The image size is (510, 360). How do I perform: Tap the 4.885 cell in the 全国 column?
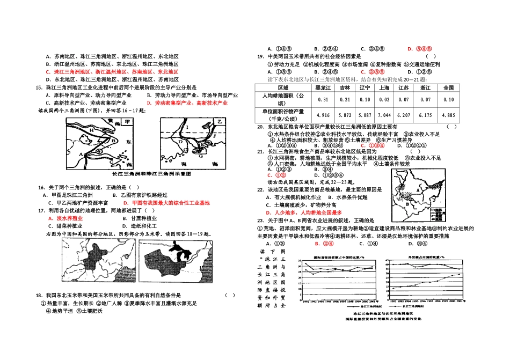[x=449, y=115]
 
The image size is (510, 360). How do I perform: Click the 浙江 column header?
[x=425, y=87]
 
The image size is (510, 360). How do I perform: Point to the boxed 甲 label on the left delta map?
[x=127, y=122]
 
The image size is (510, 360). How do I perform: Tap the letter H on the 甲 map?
[x=92, y=130]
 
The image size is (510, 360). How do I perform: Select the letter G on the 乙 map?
[x=199, y=156]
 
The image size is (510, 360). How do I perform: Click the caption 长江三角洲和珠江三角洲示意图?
[x=151, y=174]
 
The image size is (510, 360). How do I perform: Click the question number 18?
[x=39, y=295]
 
